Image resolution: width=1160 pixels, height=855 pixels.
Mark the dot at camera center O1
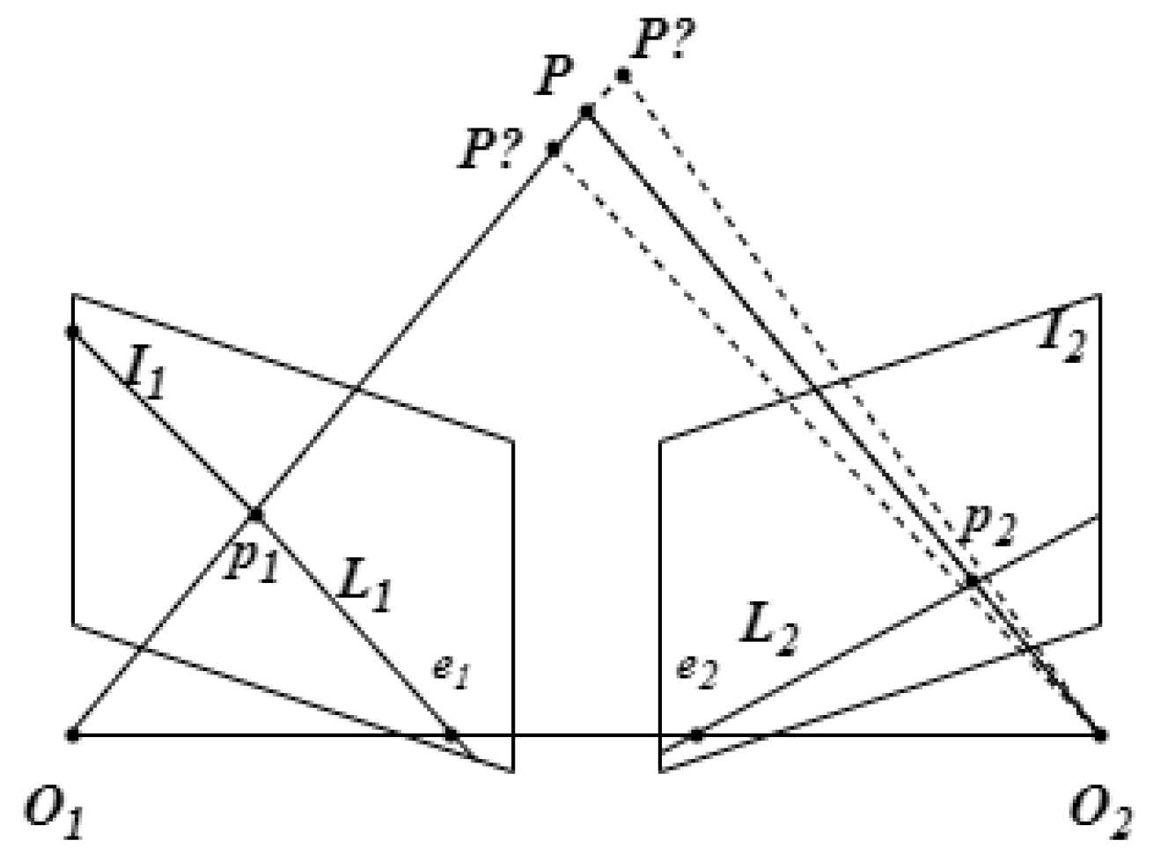[x=74, y=733]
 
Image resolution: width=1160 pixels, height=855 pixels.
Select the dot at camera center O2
[x=1100, y=733]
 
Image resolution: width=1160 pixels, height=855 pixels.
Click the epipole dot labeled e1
[x=451, y=733]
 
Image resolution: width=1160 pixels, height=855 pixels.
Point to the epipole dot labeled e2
[x=696, y=733]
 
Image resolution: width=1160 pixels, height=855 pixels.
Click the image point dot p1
[x=256, y=513]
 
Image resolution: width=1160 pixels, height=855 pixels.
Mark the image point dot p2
[x=972, y=581]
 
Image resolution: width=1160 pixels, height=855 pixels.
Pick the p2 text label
[x=987, y=526]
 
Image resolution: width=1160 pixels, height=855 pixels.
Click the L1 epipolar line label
[x=363, y=586]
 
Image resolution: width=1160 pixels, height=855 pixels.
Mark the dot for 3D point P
[x=586, y=112]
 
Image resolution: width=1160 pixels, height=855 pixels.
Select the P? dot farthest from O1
[x=623, y=75]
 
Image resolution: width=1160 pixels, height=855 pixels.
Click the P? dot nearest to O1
[x=554, y=150]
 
